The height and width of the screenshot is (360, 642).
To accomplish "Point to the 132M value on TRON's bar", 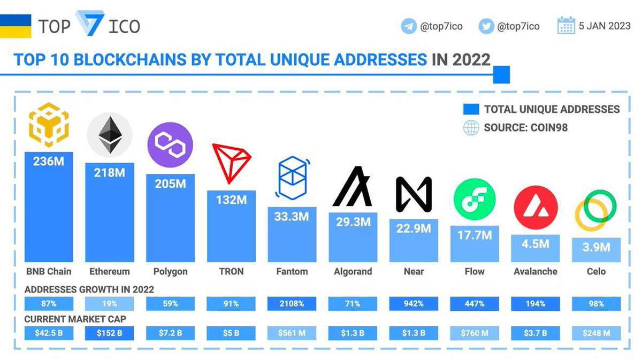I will coord(231,200).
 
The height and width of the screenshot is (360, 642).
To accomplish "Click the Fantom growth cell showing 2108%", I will coord(292,304).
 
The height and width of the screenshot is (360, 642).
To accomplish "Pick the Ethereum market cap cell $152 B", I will coord(109,333).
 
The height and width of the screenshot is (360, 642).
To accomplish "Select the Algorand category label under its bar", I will coord(352,271).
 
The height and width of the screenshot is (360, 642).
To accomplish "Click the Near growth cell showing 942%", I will coord(413,304).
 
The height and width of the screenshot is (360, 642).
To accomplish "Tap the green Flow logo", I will coord(474,198).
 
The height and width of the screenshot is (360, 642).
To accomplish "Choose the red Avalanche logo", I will coord(535,208).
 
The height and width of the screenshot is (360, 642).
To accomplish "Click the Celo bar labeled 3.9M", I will coord(596,249).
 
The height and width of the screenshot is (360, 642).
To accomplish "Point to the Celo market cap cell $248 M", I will coord(596,333).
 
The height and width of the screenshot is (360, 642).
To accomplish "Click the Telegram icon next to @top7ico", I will coord(409,26).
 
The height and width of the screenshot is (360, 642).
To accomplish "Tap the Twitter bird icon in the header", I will coord(486,26).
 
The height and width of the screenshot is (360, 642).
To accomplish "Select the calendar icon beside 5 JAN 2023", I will coord(565,25).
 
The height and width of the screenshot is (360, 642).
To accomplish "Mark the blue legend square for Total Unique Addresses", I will coord(471,109).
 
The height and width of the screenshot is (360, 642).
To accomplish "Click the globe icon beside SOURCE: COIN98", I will coord(471,128).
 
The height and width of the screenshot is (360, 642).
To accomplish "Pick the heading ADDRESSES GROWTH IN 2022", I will coord(89,289).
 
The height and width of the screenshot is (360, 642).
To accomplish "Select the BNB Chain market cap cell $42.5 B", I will coord(49,333).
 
